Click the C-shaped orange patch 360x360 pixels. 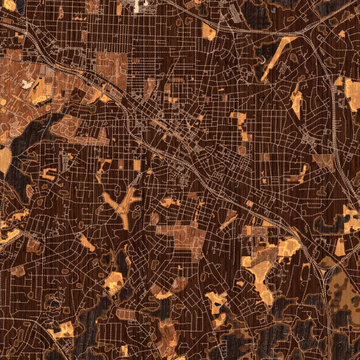(x=49, y=174)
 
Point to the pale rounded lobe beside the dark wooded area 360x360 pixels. (x=4, y=159)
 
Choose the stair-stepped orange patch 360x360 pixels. (x=240, y=123)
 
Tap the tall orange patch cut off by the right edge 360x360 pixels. (x=353, y=95)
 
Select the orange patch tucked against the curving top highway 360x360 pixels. (x=209, y=31)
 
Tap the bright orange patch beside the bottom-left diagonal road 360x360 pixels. (x=64, y=329)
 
